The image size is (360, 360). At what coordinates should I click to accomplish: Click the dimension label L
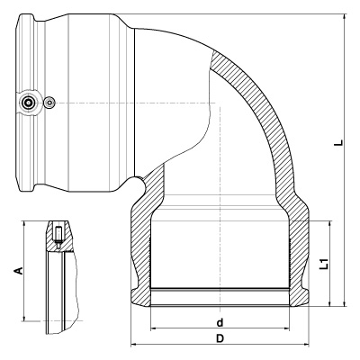[339, 142]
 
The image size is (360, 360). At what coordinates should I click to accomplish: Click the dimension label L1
[324, 264]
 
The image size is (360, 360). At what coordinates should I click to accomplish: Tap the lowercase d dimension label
[220, 322]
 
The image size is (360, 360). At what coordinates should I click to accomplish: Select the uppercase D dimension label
[220, 338]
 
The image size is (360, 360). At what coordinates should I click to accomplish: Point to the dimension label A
[19, 270]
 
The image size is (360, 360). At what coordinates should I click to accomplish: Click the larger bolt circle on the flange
[29, 103]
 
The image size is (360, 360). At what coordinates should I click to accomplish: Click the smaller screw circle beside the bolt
[49, 103]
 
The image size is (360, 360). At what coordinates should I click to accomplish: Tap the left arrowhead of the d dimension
[153, 328]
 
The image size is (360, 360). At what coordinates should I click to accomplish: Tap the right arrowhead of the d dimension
[287, 328]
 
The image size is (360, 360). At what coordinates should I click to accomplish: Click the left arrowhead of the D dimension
[134, 345]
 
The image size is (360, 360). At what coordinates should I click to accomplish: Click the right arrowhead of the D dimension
[306, 345]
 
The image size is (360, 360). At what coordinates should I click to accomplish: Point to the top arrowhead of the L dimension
[345, 17]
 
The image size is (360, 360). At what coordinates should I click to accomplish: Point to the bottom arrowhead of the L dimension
[345, 303]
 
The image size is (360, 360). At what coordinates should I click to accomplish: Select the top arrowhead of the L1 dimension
[330, 224]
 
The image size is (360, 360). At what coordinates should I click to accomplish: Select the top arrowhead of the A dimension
[24, 225]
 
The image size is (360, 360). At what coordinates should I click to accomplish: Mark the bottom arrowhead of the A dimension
[24, 318]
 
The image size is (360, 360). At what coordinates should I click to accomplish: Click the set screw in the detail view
[58, 237]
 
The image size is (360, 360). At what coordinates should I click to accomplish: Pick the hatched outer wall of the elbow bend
[267, 120]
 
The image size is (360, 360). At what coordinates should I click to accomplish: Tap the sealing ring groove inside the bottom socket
[220, 290]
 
